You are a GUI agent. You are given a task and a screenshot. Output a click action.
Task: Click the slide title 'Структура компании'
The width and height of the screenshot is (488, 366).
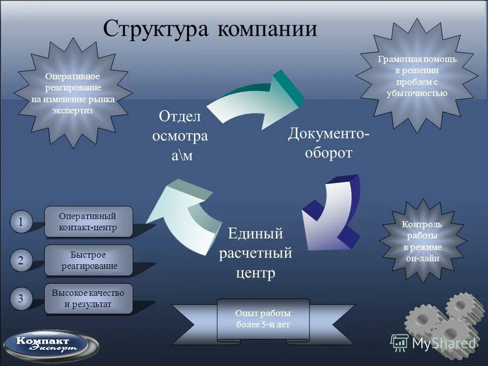coord(209,28)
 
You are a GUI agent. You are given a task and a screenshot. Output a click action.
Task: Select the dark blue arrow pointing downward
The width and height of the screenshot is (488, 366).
coord(330,213)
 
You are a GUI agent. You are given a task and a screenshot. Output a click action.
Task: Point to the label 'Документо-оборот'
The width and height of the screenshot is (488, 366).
coord(328,143)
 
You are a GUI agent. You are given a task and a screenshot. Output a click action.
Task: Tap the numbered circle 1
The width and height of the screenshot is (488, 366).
coord(21,222)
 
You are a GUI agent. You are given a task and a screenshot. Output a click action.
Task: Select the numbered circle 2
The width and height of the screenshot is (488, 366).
coord(21,260)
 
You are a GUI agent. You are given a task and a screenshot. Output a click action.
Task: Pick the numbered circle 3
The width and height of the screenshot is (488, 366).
coord(21,299)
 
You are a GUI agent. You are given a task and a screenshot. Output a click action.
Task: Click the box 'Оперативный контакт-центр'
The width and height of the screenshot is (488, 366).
coord(88,222)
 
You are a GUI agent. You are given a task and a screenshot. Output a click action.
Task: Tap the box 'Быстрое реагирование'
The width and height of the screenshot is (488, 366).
coord(88,260)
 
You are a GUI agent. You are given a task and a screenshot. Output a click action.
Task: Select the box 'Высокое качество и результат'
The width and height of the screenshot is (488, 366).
coord(88,299)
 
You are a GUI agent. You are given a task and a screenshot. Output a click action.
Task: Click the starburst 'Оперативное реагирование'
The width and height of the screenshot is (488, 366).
coord(73,93)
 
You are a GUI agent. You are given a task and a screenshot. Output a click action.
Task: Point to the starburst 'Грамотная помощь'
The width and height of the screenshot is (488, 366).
coord(417,76)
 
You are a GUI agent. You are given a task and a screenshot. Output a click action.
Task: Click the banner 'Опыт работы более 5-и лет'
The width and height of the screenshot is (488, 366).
coord(263,319)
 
